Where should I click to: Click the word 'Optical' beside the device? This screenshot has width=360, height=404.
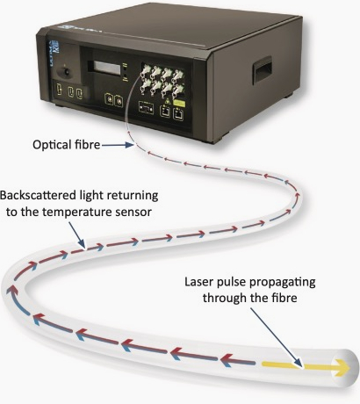[x=52, y=145]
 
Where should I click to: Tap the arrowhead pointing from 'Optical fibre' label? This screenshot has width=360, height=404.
[x=130, y=145]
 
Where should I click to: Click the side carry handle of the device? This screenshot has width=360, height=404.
[x=263, y=70]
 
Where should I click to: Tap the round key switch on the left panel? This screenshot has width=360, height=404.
[x=67, y=72]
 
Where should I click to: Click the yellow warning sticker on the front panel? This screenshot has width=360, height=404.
[x=178, y=103]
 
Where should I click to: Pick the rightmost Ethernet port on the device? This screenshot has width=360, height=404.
[x=178, y=113]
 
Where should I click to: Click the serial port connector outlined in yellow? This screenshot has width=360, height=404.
[x=146, y=108]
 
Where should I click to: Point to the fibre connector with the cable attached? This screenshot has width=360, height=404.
[x=144, y=71]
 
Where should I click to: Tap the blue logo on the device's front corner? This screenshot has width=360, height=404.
[x=55, y=47]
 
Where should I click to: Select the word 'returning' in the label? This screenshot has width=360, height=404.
[x=138, y=196]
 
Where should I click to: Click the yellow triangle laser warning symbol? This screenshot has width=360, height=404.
[x=167, y=102]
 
